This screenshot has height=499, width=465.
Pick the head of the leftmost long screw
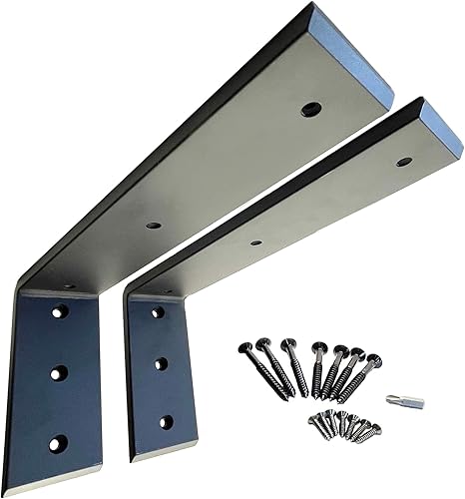[244, 348]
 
